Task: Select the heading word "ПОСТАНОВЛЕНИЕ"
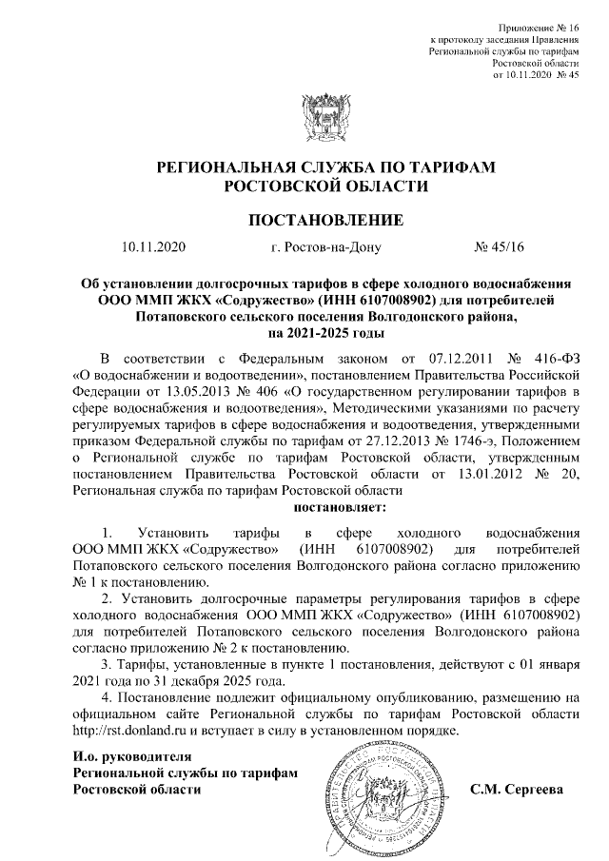325,221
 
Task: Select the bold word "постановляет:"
325,507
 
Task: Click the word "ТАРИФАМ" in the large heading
452,166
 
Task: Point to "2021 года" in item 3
102,680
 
